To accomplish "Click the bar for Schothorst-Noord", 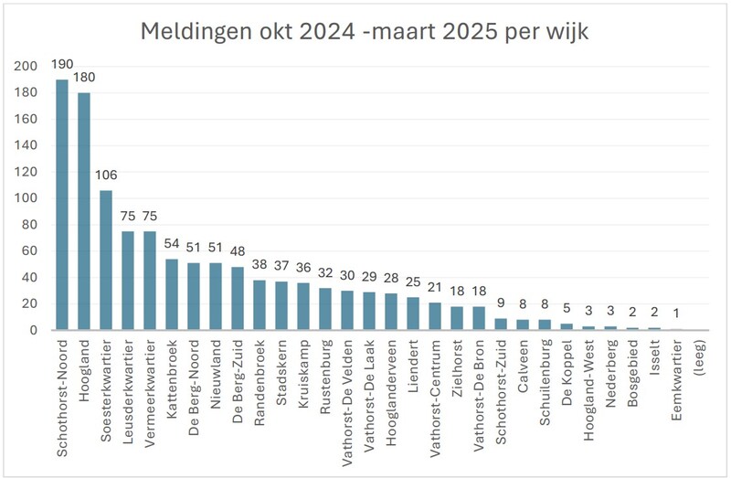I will pyautogui.click(x=62, y=205).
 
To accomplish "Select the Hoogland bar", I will pyautogui.click(x=84, y=211).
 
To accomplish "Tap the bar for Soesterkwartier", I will pyautogui.click(x=106, y=260).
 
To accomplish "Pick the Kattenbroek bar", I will pyautogui.click(x=172, y=294).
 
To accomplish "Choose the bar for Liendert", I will pyautogui.click(x=413, y=313).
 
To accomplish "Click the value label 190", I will pyautogui.click(x=62, y=66).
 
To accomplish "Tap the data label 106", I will pyautogui.click(x=106, y=176).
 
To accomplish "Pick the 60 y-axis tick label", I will pyautogui.click(x=29, y=251).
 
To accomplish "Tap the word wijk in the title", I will pyautogui.click(x=565, y=32).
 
